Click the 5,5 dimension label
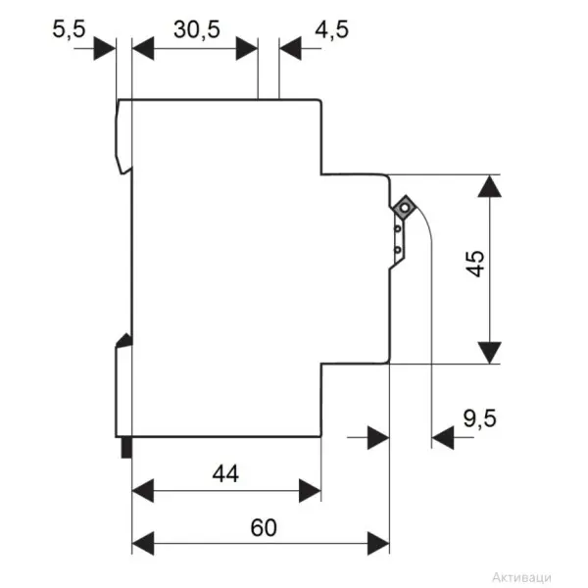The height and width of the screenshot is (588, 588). click(x=69, y=29)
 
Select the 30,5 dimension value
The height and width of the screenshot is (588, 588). click(x=197, y=29)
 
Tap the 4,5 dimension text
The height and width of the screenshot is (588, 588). click(x=332, y=29)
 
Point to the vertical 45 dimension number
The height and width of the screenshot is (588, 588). click(x=476, y=264)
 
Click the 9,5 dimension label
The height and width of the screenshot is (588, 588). click(x=480, y=418)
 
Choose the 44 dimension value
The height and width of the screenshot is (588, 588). click(x=225, y=473)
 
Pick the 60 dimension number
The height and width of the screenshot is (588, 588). click(x=264, y=527)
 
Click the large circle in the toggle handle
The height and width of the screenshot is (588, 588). click(x=405, y=208)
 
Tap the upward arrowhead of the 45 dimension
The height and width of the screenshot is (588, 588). click(x=490, y=186)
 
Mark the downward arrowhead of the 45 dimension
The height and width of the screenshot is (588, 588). click(x=490, y=353)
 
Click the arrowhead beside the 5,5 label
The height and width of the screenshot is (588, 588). click(x=105, y=48)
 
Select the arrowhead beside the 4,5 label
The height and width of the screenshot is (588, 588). click(x=291, y=48)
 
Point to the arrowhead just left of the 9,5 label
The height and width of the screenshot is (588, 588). click(x=443, y=437)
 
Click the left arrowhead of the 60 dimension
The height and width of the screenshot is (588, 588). click(x=143, y=543)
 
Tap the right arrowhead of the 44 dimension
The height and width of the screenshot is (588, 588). click(x=310, y=491)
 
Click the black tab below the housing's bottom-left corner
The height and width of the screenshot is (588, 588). click(x=126, y=448)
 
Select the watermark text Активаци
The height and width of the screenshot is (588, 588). click(x=521, y=577)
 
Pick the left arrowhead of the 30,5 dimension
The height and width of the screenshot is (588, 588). click(x=143, y=48)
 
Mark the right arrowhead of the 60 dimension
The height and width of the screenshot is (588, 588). click(x=378, y=543)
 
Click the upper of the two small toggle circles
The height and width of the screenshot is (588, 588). click(x=398, y=228)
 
